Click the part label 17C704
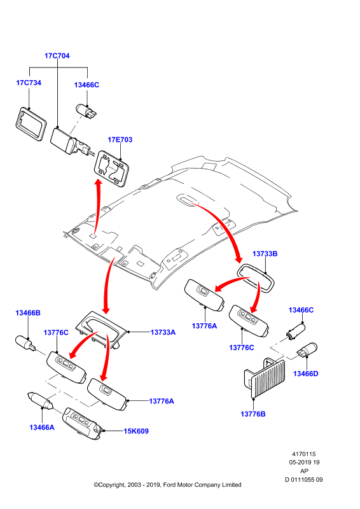point(57,56)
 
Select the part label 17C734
point(29,83)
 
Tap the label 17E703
point(120,139)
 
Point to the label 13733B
point(265,254)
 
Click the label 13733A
point(163,332)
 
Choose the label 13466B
point(28,313)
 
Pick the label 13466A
point(42,428)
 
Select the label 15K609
point(136,431)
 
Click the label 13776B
point(253,414)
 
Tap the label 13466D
point(306,373)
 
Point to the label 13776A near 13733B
point(204,326)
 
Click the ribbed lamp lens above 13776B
point(265,377)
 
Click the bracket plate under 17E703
point(111,169)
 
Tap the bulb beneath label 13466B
point(25,342)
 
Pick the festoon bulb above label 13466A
point(39,400)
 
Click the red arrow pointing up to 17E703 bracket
point(97,208)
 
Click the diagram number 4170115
point(304,454)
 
